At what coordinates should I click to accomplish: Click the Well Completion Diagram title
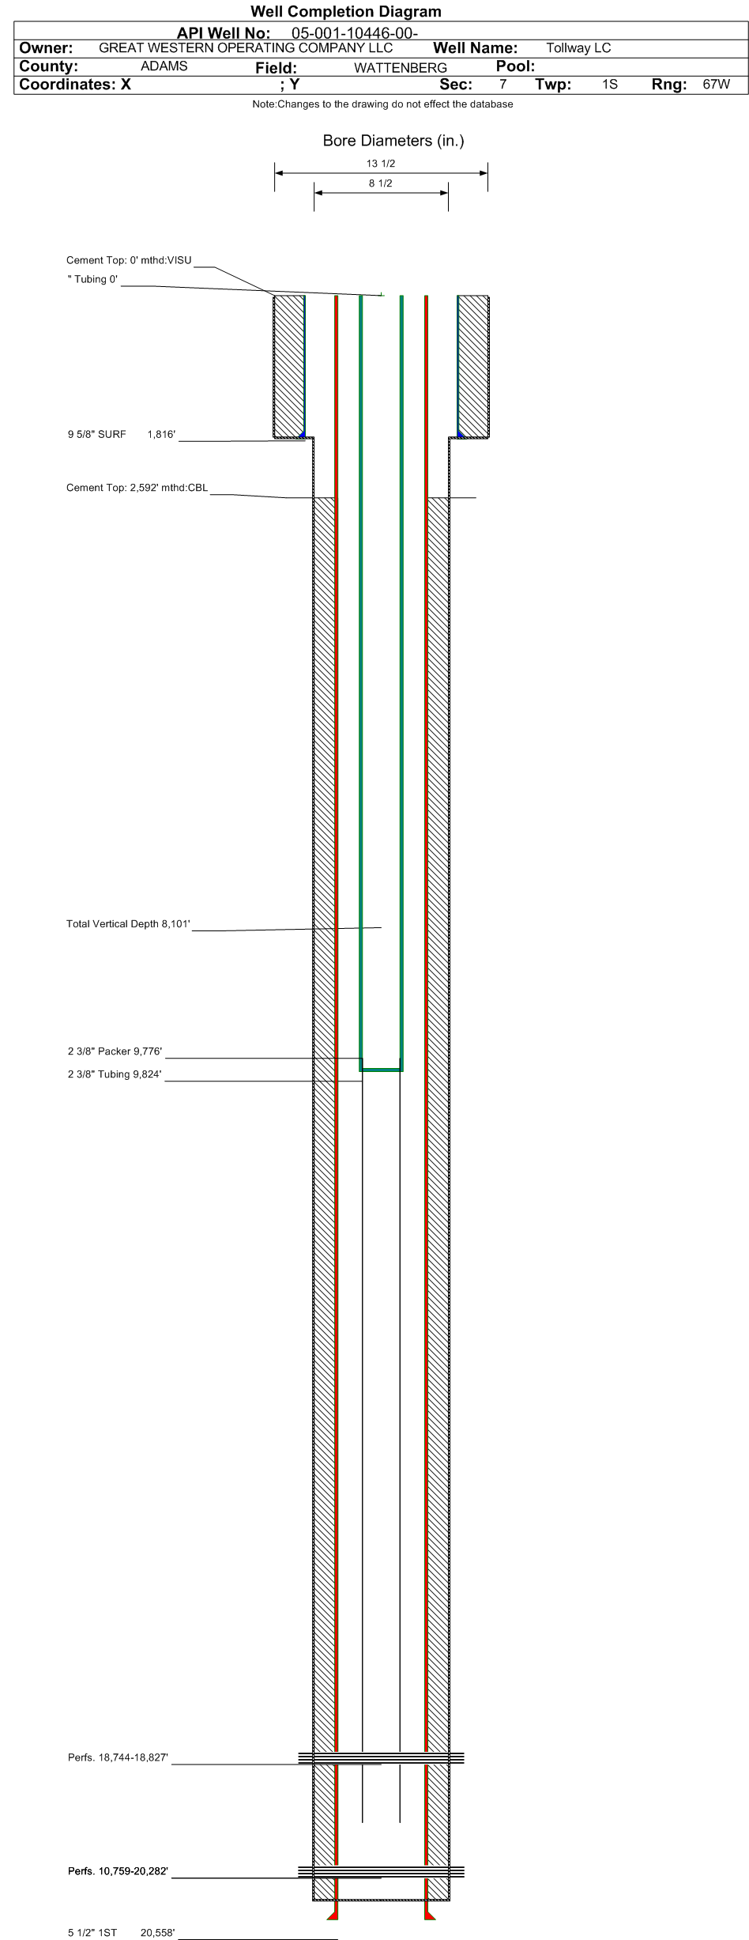click(345, 12)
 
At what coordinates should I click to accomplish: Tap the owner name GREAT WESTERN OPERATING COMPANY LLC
click(246, 48)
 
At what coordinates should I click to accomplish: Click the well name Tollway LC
click(578, 48)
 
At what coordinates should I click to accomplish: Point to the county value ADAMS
click(164, 66)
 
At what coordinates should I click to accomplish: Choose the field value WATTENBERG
click(400, 68)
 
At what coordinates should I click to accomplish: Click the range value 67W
click(716, 85)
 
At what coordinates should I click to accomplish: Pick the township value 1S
click(609, 85)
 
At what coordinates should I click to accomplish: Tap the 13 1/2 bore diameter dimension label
click(381, 164)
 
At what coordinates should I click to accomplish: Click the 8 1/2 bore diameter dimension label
click(381, 183)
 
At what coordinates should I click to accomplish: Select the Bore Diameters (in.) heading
click(393, 141)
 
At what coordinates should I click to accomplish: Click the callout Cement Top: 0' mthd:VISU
click(129, 260)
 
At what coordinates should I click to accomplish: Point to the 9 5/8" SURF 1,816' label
click(121, 434)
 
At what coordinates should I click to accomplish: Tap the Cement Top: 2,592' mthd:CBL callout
click(137, 488)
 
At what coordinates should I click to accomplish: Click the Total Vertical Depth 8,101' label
click(128, 924)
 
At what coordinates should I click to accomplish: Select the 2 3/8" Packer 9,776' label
click(115, 1051)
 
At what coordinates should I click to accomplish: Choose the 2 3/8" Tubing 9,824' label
click(115, 1074)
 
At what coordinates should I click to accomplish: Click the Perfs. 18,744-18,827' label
click(118, 1758)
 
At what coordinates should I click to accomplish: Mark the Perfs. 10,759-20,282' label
click(118, 1872)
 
